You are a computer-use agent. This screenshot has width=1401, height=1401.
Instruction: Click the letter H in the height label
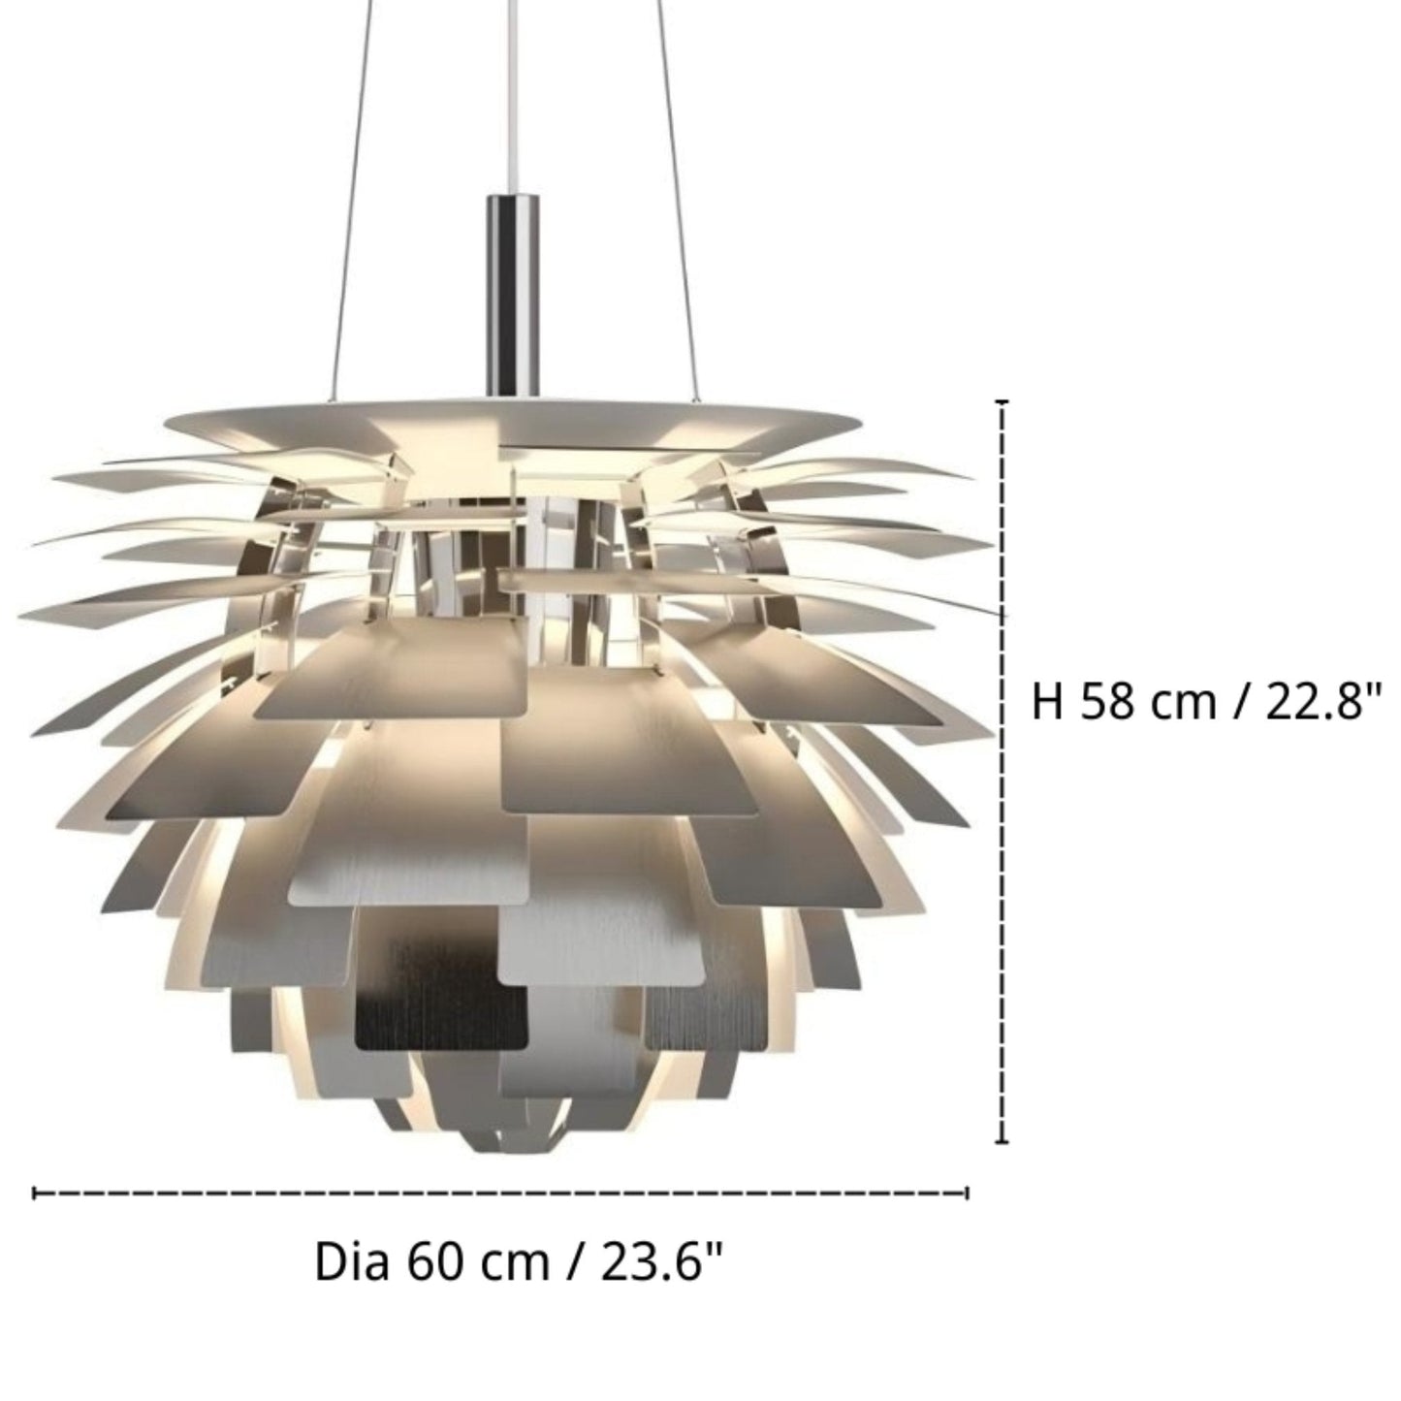point(1046,701)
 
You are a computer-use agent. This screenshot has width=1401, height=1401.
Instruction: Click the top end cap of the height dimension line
point(1003,401)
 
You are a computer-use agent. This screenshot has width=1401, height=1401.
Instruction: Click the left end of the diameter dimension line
point(36,1193)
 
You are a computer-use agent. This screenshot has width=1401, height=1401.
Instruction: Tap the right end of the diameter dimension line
point(967,1193)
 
